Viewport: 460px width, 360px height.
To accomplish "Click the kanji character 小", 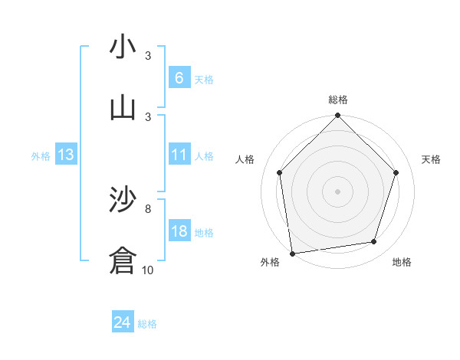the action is (x=123, y=47).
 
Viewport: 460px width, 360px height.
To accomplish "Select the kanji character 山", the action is (x=123, y=108).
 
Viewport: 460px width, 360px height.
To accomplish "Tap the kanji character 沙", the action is (x=123, y=200).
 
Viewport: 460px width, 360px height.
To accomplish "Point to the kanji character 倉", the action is (x=123, y=260).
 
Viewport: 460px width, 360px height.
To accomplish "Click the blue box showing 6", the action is (x=179, y=78).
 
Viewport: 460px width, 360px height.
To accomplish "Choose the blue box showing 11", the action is (x=179, y=155).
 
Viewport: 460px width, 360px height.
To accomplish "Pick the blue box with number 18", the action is (x=179, y=231).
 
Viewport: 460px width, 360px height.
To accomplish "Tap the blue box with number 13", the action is (x=66, y=155).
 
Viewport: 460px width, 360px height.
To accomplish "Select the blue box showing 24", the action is (x=123, y=322).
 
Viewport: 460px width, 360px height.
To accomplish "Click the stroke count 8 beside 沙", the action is (x=148, y=208).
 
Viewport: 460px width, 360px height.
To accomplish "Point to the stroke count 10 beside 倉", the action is (x=148, y=270).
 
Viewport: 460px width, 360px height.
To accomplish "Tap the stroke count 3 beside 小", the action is (x=148, y=55).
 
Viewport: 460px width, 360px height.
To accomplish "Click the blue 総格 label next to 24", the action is (x=147, y=324).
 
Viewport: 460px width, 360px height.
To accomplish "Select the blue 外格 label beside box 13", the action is (x=41, y=156).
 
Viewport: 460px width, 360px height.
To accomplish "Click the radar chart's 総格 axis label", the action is (x=338, y=100).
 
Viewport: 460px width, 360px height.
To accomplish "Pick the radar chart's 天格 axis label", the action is (x=432, y=159).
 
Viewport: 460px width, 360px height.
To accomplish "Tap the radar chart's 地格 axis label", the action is (x=402, y=262).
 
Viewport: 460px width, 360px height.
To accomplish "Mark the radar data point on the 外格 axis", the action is (x=292, y=253).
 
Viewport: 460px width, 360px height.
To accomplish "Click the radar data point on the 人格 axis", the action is (x=280, y=172).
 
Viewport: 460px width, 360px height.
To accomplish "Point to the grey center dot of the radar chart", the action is (x=338, y=191).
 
